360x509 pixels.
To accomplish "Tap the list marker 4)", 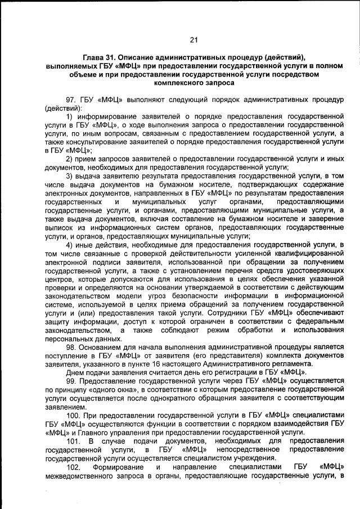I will (x=70, y=246).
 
